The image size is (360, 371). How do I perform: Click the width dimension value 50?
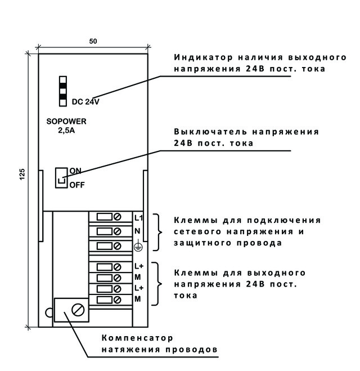point(93,42)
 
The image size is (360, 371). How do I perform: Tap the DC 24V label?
point(85,102)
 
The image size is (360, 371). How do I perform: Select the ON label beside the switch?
point(75,170)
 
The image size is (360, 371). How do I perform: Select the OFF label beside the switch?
point(76,184)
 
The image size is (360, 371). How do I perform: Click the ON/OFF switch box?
point(61,177)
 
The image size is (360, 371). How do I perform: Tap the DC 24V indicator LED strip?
point(63,90)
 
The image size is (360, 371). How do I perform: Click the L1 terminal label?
point(138,217)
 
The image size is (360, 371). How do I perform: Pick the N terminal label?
point(137,231)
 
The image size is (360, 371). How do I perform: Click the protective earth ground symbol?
point(138,245)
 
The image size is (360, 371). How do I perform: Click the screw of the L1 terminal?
point(118,217)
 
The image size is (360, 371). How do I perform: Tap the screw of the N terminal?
point(118,231)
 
